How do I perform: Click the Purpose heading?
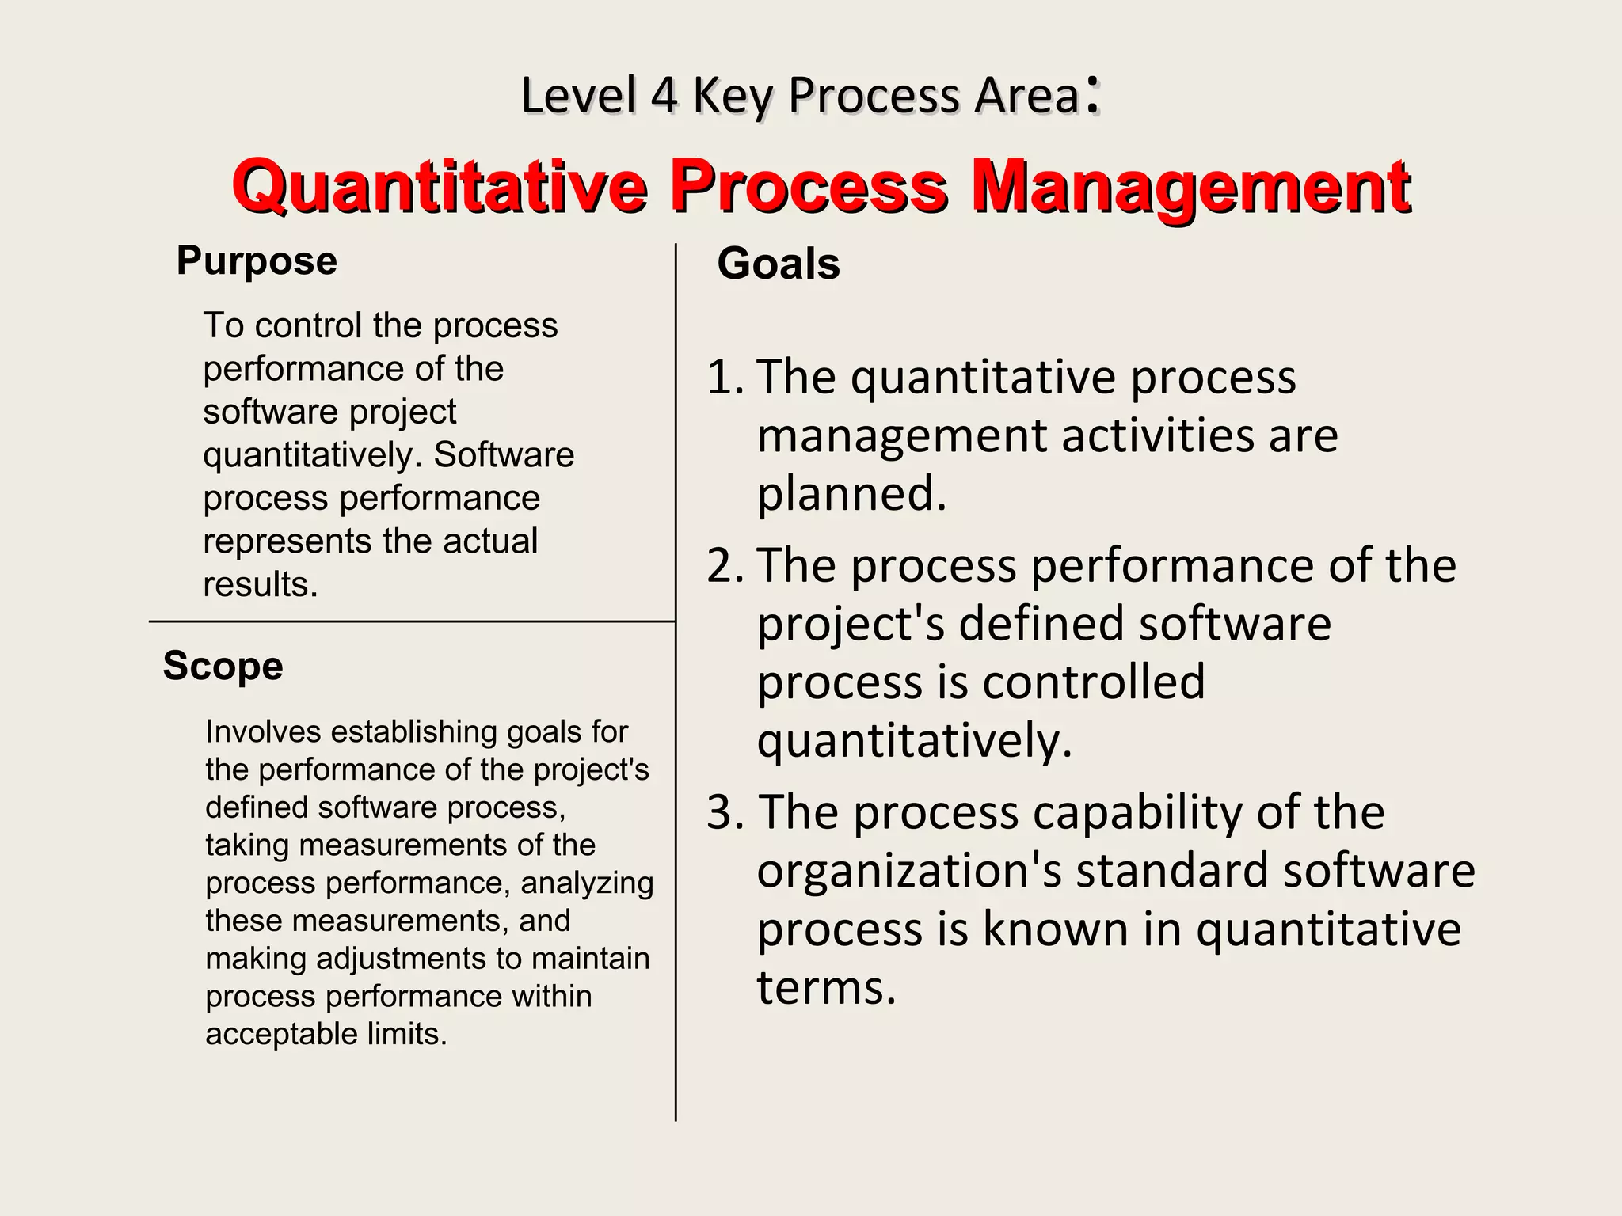[x=257, y=261]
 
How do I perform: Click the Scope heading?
[x=223, y=667]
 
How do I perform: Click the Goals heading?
[x=778, y=264]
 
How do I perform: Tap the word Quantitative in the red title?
[x=440, y=188]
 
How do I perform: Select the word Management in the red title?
[x=1190, y=188]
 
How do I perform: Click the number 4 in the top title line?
[x=664, y=96]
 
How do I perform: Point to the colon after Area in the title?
[x=1092, y=95]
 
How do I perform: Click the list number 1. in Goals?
[x=725, y=377]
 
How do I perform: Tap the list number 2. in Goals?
[x=725, y=566]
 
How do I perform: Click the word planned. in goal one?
[x=851, y=495]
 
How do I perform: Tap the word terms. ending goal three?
[x=826, y=988]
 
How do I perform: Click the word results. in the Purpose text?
[x=261, y=585]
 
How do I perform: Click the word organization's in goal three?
[x=909, y=871]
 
